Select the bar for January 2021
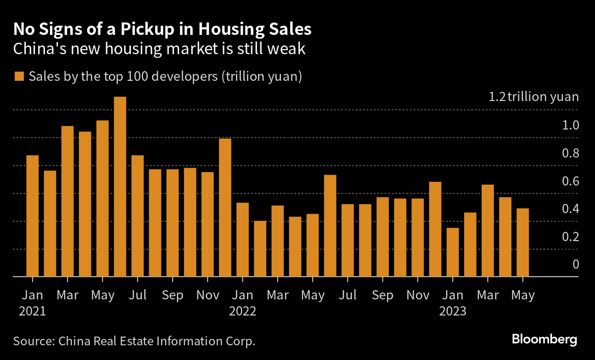[32, 216]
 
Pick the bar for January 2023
[453, 252]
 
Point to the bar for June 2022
[330, 225]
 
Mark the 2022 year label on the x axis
[242, 311]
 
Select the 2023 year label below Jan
[453, 311]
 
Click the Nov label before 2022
[208, 295]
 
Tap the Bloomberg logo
[544, 340]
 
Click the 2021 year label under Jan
[32, 311]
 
